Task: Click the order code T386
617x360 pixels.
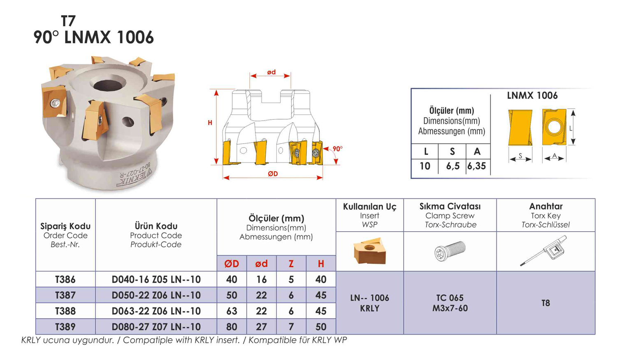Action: pyautogui.click(x=65, y=279)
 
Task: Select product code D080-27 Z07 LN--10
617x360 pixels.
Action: pyautogui.click(x=156, y=327)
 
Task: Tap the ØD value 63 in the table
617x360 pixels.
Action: pyautogui.click(x=232, y=311)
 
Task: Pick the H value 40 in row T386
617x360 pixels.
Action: pyautogui.click(x=321, y=279)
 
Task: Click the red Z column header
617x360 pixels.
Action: pyautogui.click(x=291, y=264)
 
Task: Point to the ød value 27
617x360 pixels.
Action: pyautogui.click(x=261, y=327)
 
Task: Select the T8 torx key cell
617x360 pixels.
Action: pyautogui.click(x=546, y=303)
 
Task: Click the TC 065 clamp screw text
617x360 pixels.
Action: pyautogui.click(x=450, y=298)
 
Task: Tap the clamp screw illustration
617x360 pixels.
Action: pyautogui.click(x=450, y=251)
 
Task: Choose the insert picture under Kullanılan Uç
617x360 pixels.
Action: pyautogui.click(x=370, y=251)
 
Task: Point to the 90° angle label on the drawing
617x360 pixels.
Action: pyautogui.click(x=337, y=149)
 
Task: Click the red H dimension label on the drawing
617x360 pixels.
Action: pyautogui.click(x=210, y=123)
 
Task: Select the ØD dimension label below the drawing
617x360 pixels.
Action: pyautogui.click(x=273, y=174)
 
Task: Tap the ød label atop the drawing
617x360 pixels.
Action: pyautogui.click(x=271, y=72)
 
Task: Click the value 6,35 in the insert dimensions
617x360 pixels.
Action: pyautogui.click(x=476, y=166)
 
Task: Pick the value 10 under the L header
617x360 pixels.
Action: pyautogui.click(x=425, y=166)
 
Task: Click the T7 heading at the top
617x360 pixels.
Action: pyautogui.click(x=68, y=21)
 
